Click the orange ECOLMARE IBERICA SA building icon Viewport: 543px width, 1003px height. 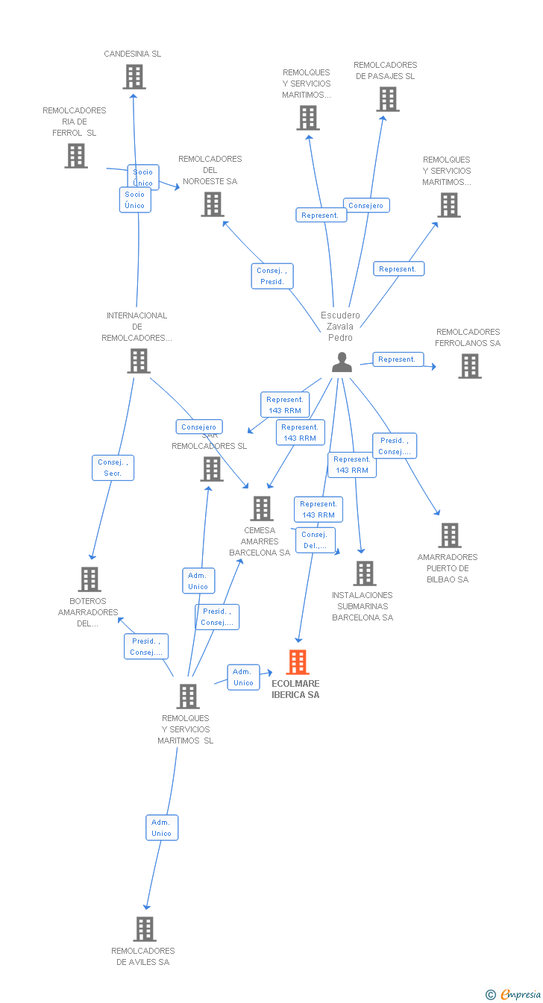point(298,662)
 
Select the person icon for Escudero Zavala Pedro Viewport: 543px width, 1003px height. point(342,362)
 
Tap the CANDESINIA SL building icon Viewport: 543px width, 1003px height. point(134,77)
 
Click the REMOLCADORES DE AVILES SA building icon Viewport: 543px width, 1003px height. point(145,929)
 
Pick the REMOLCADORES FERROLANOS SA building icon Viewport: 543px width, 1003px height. point(470,366)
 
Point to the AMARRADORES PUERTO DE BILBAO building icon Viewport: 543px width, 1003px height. point(449,535)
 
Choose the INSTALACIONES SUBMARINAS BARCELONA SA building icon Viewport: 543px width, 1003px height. point(364,573)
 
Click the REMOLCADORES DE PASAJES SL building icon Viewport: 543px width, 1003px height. point(387,99)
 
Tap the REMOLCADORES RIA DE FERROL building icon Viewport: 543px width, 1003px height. point(76,156)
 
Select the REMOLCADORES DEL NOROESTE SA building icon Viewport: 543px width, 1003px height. point(213,204)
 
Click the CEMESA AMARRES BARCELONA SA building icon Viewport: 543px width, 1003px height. point(262,509)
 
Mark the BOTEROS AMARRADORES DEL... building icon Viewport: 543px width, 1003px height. point(90,579)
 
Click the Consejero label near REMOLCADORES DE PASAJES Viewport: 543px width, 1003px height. point(366,205)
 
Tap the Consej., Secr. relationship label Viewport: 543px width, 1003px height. point(113,468)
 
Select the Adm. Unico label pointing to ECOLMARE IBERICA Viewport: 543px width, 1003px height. point(243,677)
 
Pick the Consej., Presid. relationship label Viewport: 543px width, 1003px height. point(271,276)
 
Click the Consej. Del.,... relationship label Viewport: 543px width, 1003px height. point(315,540)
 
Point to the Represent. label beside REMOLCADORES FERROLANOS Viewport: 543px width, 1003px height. point(397,359)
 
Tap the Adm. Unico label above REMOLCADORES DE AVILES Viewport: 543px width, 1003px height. point(161,828)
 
